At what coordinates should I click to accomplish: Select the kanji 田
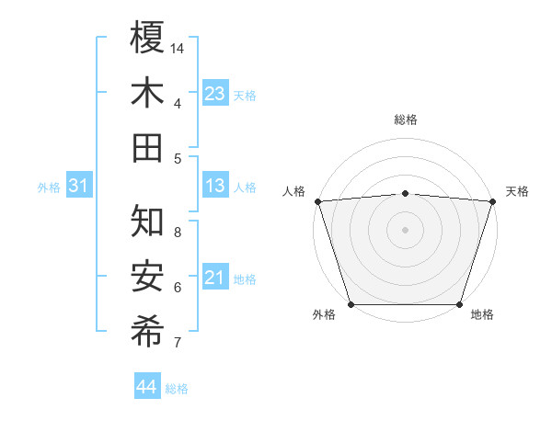coord(148,147)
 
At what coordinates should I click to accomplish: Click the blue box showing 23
coord(215,93)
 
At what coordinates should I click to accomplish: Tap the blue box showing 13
coord(215,187)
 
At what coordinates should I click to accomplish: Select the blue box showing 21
coord(215,278)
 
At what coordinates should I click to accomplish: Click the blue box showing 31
coord(79,187)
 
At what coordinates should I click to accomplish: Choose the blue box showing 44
coord(146,387)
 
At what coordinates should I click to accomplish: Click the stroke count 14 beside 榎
coord(178,48)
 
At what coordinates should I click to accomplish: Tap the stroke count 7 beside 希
coord(177,343)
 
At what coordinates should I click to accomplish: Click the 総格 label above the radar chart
coord(405,119)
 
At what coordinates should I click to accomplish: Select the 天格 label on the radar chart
coord(517,191)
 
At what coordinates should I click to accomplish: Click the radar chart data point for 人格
coord(317,201)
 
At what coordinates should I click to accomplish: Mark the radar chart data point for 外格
coord(351,304)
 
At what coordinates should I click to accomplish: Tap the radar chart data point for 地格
coord(459,304)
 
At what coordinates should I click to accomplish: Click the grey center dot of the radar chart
coord(405,230)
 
